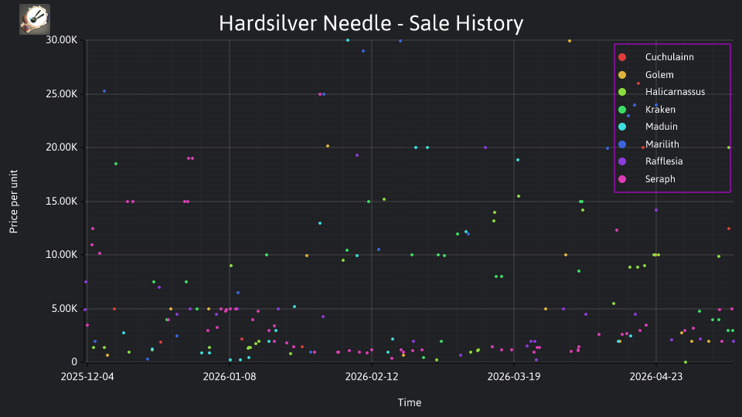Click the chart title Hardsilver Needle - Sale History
371,23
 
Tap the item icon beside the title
35,19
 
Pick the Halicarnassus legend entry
662,92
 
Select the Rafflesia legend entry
651,161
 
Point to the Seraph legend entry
647,179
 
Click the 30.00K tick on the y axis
62,40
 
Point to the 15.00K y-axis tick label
62,202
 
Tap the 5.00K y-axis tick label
64,309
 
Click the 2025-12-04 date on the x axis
87,377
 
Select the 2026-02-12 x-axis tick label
372,377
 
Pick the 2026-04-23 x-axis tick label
656,377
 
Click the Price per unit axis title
14,202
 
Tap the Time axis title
410,403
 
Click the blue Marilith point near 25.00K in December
104,91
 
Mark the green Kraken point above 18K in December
116,164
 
